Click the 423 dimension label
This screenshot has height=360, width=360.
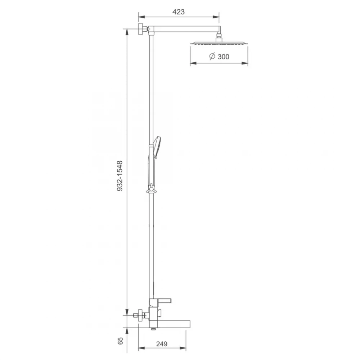179,12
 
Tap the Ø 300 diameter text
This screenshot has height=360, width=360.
219,57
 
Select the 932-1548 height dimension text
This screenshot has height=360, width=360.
120,176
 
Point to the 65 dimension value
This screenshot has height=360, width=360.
120,341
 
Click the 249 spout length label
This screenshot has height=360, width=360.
162,344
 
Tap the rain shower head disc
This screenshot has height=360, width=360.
219,43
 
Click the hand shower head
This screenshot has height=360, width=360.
157,147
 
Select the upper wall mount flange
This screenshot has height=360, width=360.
140,30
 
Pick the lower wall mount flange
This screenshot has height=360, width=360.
140,315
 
